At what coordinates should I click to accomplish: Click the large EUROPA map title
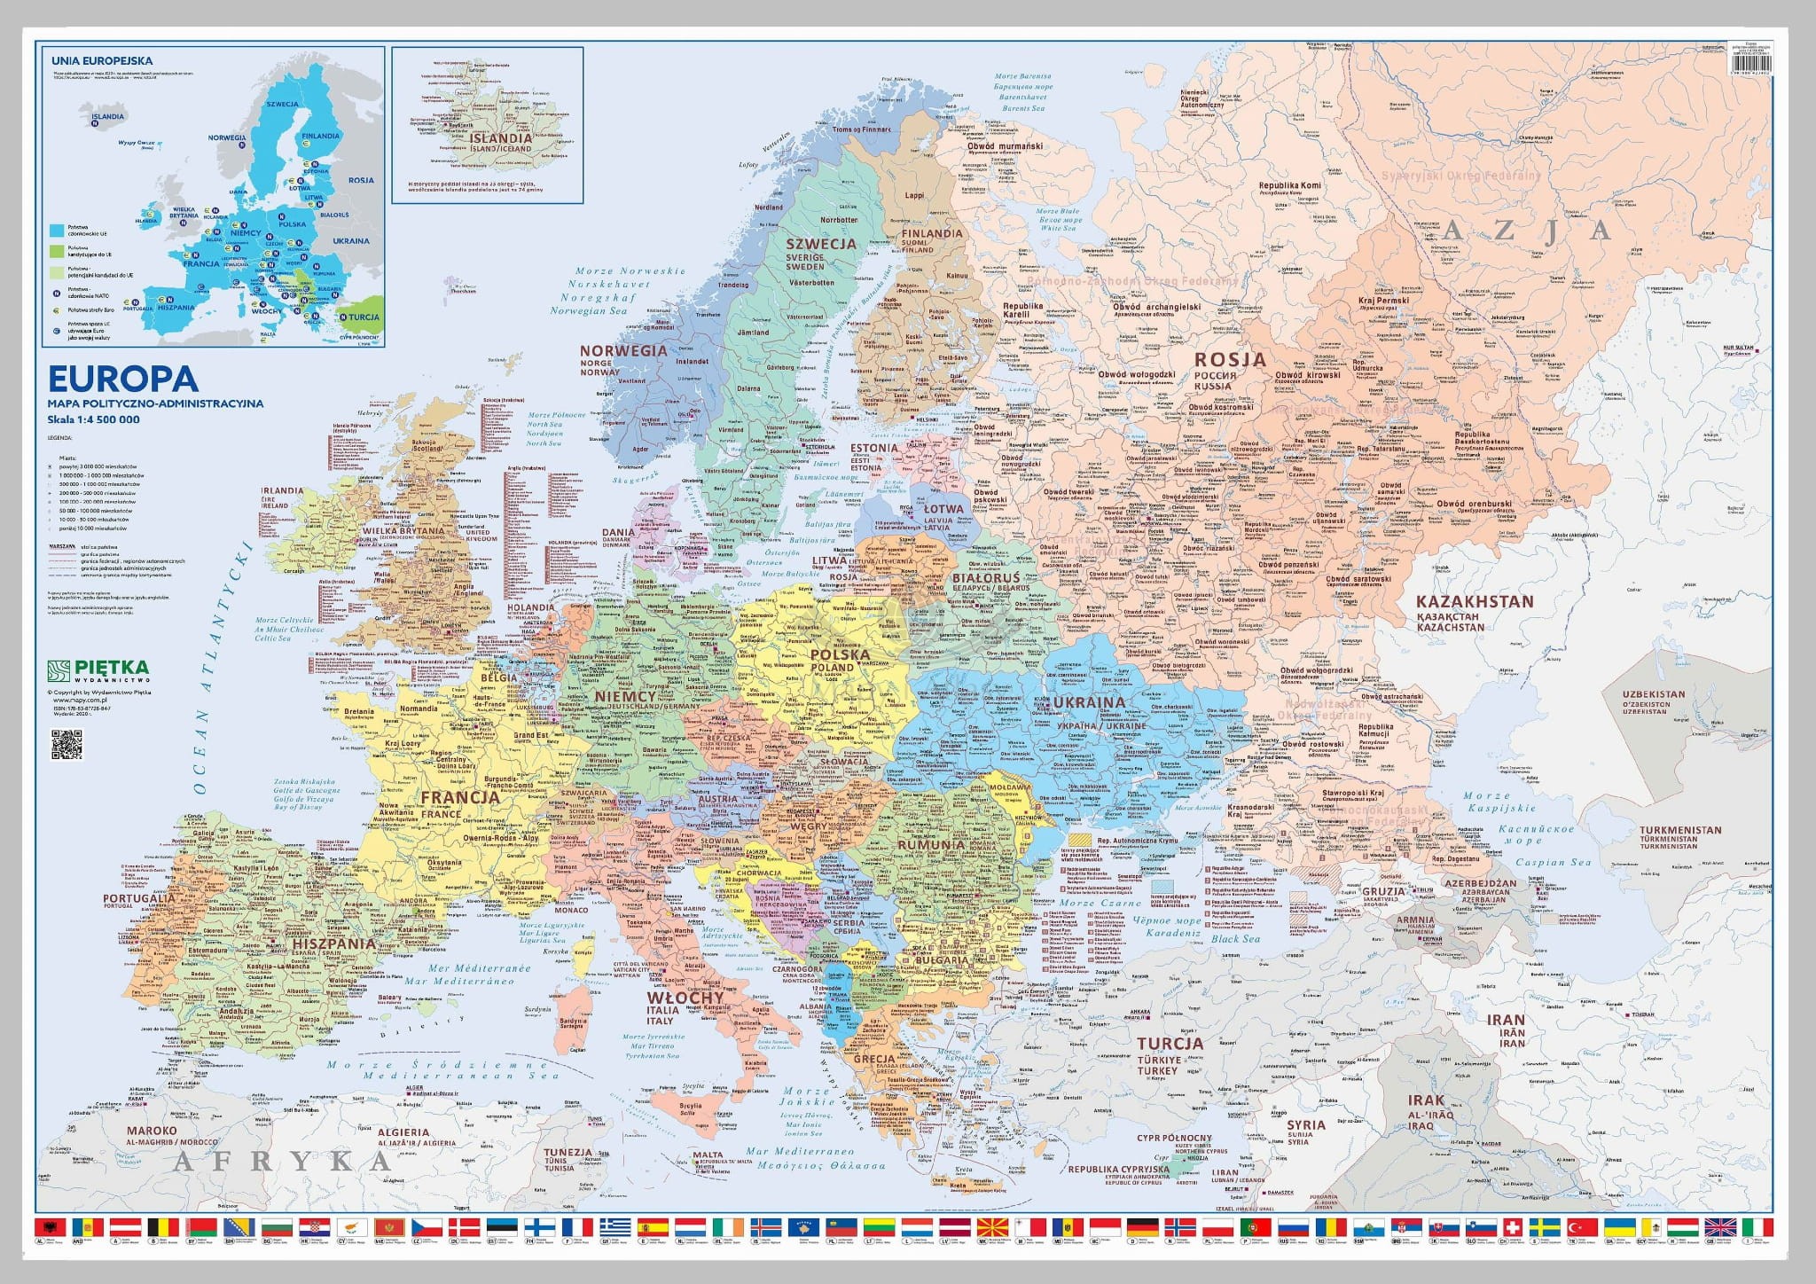(x=122, y=379)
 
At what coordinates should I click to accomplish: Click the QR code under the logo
(x=67, y=745)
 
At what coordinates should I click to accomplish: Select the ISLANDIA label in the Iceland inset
(x=501, y=138)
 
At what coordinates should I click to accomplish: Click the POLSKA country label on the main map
(x=839, y=654)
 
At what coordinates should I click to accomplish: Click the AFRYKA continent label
(x=282, y=1161)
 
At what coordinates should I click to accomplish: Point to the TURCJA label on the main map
(x=1170, y=1043)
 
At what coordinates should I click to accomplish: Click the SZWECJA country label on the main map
(x=821, y=243)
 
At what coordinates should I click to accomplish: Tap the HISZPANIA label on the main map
(x=335, y=944)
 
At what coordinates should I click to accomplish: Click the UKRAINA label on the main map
(x=1089, y=702)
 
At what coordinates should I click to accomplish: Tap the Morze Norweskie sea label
(x=630, y=271)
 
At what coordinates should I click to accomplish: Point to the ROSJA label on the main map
(x=1229, y=360)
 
